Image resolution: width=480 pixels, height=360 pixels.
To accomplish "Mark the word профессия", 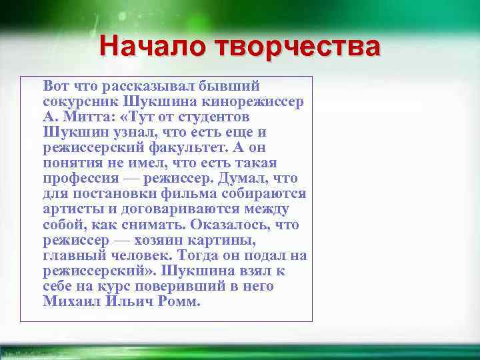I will tap(80, 179).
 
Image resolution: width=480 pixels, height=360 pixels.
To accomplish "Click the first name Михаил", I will tap(71, 301).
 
